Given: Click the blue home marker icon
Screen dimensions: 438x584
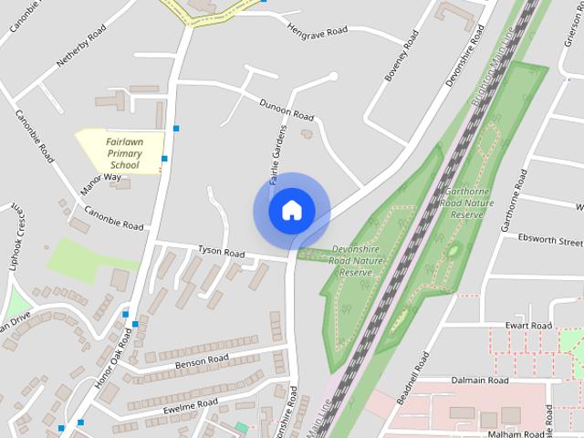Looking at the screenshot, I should click(291, 210).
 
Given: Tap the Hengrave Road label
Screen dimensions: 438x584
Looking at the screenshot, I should click(317, 31).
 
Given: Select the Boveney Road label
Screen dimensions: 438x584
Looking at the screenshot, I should click(401, 57).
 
